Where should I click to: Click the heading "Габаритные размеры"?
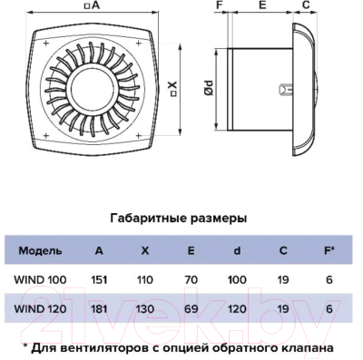click(178, 219)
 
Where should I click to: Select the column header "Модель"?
click(41, 249)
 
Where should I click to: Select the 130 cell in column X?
click(145, 308)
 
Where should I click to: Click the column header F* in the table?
click(329, 249)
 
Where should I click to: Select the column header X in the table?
click(145, 249)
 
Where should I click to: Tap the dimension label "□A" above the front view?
click(92, 7)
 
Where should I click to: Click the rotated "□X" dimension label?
click(172, 89)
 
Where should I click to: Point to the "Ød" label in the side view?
click(210, 88)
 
